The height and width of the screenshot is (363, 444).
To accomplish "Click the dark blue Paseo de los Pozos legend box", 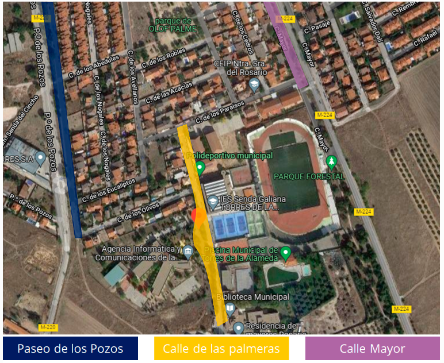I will click(x=70, y=349).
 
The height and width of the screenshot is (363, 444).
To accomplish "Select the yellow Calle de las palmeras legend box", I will click(x=221, y=349).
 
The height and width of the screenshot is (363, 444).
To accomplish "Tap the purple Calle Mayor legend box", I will click(x=372, y=349).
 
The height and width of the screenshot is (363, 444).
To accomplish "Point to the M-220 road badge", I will click(x=48, y=327).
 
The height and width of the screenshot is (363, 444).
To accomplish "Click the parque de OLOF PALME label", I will click(x=173, y=25).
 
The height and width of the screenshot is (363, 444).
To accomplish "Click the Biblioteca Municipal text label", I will click(x=252, y=297).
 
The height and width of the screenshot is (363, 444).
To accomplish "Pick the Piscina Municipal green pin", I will click(x=284, y=252).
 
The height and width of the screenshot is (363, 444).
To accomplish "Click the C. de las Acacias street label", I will click(x=169, y=92).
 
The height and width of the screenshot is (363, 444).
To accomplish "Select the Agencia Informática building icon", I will click(x=188, y=250).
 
